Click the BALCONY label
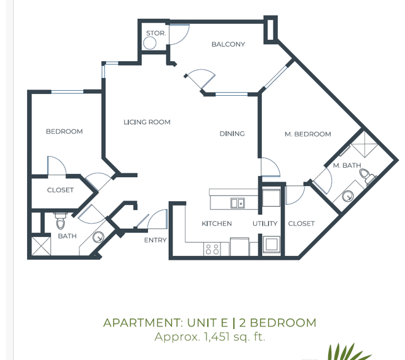[228, 44]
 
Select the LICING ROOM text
[147, 122]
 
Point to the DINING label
[232, 134]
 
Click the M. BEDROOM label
[308, 134]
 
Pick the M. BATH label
[346, 165]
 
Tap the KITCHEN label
[217, 223]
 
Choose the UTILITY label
[265, 223]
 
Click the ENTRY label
[156, 240]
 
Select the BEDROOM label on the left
[64, 132]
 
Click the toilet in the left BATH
[61, 223]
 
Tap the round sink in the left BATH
[98, 238]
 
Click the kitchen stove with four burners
[212, 248]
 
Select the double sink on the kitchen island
[237, 203]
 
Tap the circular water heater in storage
[150, 43]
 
